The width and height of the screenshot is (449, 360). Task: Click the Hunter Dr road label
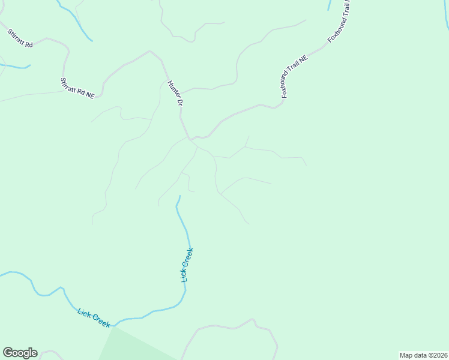tap(175, 94)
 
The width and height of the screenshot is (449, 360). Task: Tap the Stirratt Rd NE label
tap(77, 88)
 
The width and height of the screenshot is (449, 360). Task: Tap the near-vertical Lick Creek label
tap(187, 265)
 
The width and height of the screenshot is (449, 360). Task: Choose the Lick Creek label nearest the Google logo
tap(94, 317)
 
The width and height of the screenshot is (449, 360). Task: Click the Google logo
tap(20, 353)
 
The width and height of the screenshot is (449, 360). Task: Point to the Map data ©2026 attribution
tap(423, 355)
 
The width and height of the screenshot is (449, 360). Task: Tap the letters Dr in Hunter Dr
tap(179, 103)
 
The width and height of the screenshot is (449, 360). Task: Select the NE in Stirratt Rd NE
tap(90, 95)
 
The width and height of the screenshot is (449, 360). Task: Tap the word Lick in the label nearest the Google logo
tap(85, 313)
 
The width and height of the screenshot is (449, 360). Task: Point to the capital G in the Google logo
tap(8, 353)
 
